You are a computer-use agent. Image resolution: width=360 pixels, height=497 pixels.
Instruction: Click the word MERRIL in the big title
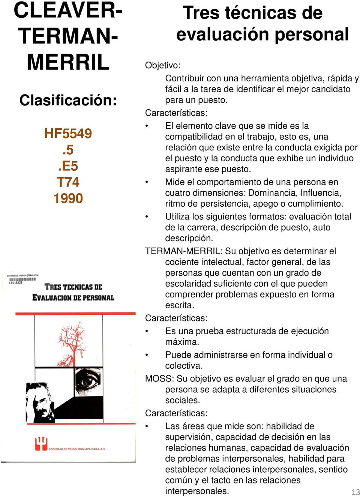point(68,62)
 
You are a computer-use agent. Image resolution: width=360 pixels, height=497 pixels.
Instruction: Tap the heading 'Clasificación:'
point(68,100)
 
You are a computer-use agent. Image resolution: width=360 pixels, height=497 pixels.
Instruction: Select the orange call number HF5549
point(68,134)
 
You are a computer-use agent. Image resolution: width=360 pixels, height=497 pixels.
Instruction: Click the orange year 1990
point(68,198)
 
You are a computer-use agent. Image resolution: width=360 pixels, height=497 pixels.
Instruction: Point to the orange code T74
point(68,182)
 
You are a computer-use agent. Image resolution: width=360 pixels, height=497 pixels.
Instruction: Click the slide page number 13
point(355,492)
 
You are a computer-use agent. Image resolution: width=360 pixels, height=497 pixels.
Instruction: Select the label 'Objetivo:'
point(163,65)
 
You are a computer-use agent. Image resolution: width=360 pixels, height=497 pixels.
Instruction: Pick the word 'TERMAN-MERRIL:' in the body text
point(184,251)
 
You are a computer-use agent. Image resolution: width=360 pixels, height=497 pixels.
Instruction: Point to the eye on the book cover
point(88,381)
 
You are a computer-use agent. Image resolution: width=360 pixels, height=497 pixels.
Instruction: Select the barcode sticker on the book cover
point(22,279)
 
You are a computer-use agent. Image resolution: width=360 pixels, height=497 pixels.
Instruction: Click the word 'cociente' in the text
point(183,262)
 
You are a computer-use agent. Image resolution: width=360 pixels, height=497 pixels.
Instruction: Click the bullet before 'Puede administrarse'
point(147,355)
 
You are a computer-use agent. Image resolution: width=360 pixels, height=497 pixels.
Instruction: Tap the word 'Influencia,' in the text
point(321,193)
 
